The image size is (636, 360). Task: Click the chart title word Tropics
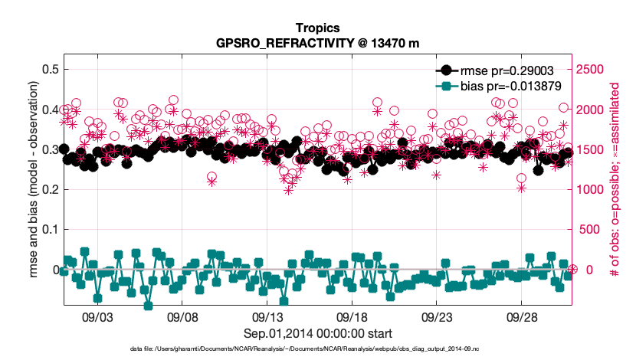tap(318, 28)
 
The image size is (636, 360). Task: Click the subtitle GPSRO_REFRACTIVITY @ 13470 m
tap(318, 43)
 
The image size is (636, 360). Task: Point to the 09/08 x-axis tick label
tap(183, 317)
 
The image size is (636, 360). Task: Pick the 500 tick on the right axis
tap(588, 230)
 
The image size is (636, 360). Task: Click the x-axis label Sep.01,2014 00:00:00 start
tap(318, 333)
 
